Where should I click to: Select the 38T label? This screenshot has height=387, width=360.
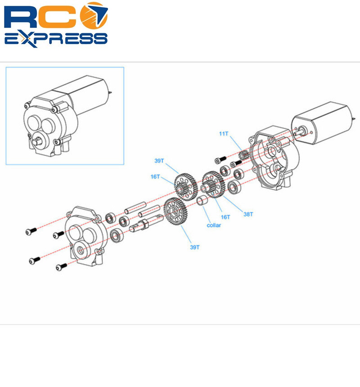248,214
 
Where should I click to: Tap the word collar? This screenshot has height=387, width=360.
213,225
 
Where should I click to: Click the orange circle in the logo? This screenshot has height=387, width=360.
94,16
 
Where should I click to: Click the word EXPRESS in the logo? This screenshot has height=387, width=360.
56,38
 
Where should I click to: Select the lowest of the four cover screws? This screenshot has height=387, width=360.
62,267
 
